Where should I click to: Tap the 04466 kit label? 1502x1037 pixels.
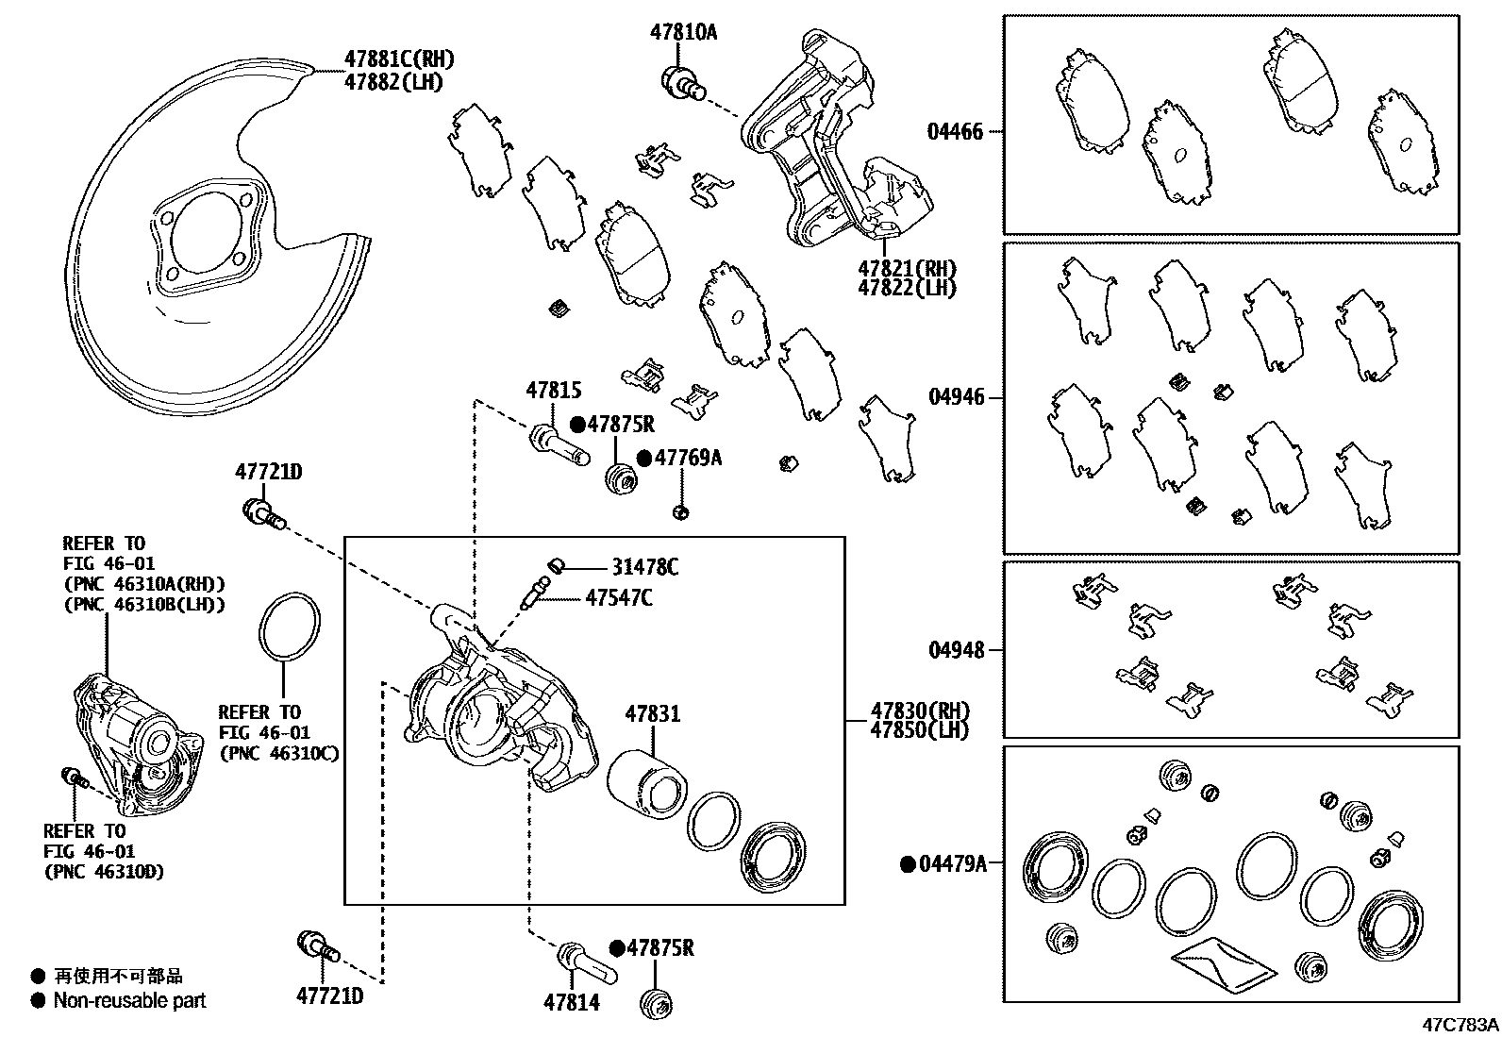point(955,132)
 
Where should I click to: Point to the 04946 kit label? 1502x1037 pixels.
point(955,397)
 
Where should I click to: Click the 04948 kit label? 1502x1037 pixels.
point(955,650)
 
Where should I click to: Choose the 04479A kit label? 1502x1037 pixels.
point(952,863)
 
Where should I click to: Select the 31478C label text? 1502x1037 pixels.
point(644,567)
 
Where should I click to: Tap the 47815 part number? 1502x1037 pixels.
point(553,390)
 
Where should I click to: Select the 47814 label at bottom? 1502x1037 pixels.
point(571,1002)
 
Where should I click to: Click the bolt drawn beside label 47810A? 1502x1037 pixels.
point(683,82)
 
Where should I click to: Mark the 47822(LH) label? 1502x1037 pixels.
point(906,288)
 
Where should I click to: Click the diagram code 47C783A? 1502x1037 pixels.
point(1460,1025)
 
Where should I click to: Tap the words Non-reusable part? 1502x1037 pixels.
point(129,1000)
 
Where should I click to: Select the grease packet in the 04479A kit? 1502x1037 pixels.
point(1223,964)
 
